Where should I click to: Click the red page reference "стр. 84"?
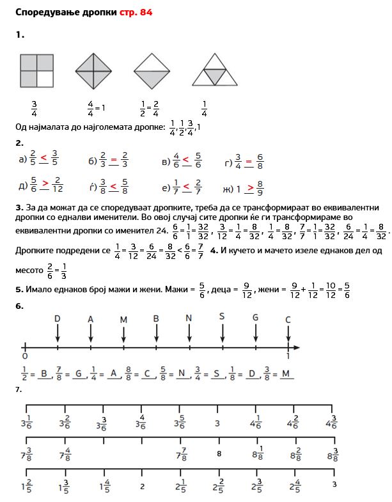[136, 12]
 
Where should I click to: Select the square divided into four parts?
[36, 70]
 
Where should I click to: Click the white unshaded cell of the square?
[45, 78]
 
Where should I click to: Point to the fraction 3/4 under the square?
[34, 109]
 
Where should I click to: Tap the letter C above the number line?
[288, 319]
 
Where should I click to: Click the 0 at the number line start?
[25, 356]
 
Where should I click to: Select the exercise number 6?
[19, 306]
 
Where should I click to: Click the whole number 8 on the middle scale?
[219, 454]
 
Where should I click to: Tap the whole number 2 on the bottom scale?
[142, 486]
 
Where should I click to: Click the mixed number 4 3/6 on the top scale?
[331, 423]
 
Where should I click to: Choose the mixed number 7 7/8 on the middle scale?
[180, 455]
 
